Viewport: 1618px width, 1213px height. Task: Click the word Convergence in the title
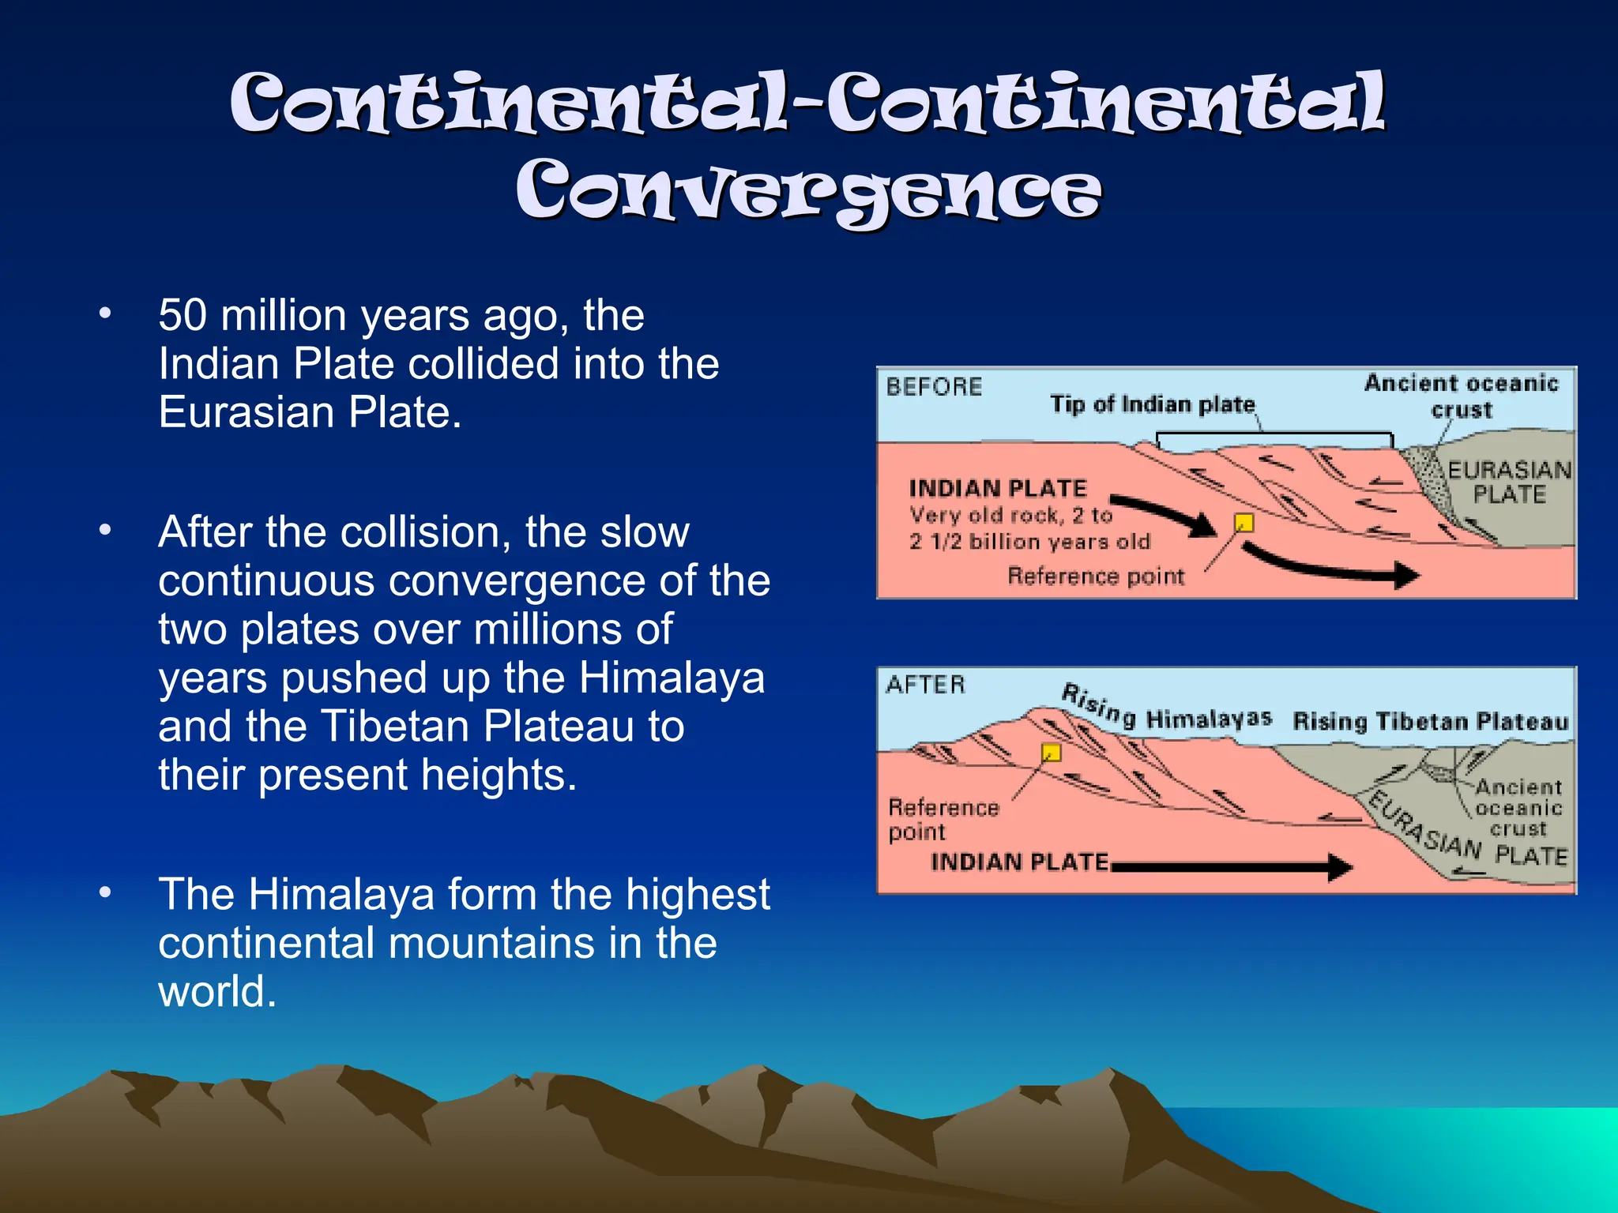point(807,192)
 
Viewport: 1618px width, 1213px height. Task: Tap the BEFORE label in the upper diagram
point(933,387)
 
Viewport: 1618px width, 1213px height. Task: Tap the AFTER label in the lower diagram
point(925,685)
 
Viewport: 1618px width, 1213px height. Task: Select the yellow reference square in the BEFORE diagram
point(1244,523)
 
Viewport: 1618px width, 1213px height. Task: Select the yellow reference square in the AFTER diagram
point(1051,752)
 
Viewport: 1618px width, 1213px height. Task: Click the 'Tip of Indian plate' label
point(1152,404)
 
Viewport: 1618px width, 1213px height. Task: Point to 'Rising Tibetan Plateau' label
point(1430,722)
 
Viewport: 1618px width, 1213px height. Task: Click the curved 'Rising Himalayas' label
point(1165,710)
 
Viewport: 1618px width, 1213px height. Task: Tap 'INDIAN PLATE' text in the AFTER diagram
point(1019,862)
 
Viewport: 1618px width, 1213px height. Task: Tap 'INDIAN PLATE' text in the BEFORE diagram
point(997,488)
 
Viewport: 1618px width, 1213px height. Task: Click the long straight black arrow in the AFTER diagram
point(1232,867)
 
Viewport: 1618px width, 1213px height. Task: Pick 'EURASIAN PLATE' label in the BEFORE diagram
point(1509,483)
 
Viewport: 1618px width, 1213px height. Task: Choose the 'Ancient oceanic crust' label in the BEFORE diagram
point(1461,396)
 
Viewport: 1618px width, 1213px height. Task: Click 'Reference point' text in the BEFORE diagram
point(1096,576)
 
